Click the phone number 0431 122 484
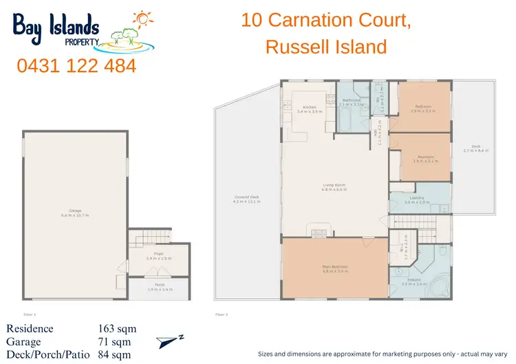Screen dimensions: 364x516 [x=76, y=67]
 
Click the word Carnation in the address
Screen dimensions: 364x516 [x=323, y=21]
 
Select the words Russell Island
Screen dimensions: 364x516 [x=325, y=47]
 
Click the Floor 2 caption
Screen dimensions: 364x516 [x=222, y=314]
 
